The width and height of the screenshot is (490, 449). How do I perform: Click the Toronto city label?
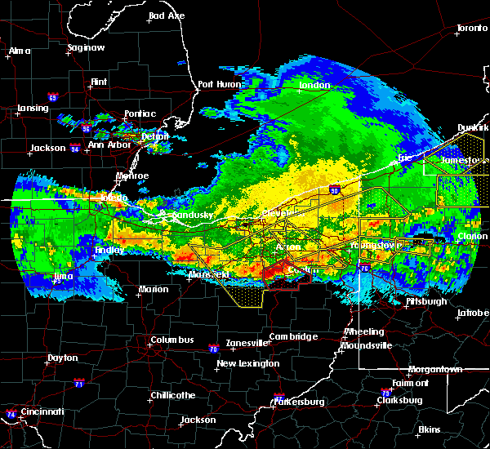[472, 28]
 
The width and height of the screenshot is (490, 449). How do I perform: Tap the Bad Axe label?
[167, 16]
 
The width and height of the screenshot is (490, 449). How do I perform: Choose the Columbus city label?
[172, 340]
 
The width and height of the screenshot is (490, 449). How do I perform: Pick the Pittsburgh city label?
[426, 301]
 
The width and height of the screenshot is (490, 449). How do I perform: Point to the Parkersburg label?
[300, 402]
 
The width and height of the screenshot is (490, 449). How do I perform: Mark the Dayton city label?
[63, 358]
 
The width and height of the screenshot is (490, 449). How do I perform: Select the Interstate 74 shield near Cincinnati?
[10, 415]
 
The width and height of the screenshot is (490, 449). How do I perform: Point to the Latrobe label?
[471, 312]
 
